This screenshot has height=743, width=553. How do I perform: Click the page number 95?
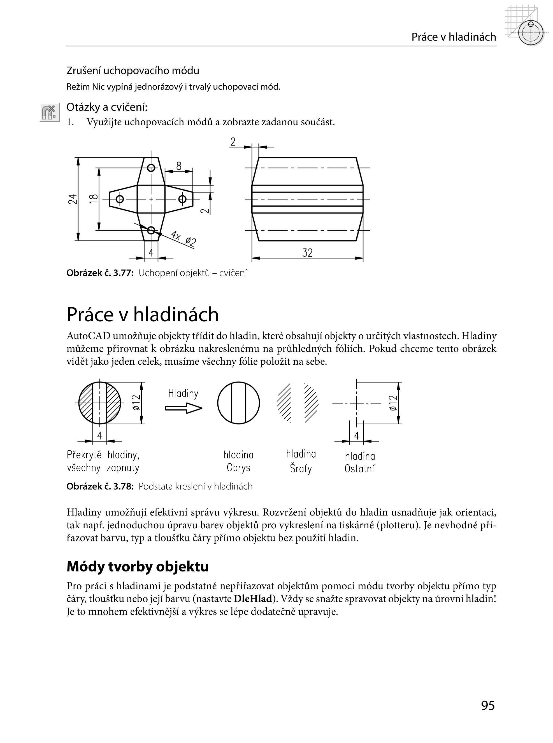tap(488, 705)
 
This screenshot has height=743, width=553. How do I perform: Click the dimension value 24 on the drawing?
tap(73, 199)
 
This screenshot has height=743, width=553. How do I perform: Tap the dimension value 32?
tap(307, 253)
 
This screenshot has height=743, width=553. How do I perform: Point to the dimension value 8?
tap(179, 166)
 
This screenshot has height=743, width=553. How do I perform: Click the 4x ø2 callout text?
tap(183, 238)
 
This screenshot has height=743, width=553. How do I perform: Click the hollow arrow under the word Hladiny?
tap(183, 408)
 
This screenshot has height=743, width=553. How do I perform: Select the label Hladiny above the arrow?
tap(183, 393)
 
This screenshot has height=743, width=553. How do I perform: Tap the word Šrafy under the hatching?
tap(301, 468)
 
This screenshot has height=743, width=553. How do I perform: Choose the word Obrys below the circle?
tap(238, 467)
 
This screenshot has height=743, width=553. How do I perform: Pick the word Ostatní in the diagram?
tap(360, 469)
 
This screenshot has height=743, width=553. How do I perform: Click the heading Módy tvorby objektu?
tap(138, 566)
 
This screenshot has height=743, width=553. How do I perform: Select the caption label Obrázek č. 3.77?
tap(100, 273)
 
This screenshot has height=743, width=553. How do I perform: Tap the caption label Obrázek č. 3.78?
tap(100, 487)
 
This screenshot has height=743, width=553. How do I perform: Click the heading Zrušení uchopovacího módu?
tap(133, 71)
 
